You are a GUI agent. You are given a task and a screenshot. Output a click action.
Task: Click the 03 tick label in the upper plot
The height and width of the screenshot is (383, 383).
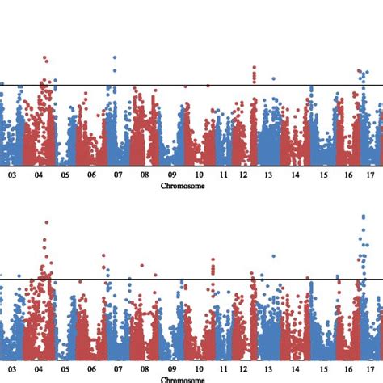[x=11, y=174]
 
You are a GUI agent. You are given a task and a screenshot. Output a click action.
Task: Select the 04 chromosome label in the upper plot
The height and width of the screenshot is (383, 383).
[x=38, y=174]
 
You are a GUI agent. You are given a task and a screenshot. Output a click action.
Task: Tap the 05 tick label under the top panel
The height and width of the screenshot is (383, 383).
[x=65, y=174]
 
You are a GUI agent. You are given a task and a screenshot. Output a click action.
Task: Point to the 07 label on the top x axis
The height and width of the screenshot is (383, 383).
[x=118, y=174]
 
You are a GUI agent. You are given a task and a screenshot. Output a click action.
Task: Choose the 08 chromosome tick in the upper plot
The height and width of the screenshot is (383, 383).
[x=145, y=174]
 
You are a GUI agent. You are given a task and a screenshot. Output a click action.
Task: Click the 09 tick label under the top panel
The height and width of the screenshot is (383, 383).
[x=172, y=174]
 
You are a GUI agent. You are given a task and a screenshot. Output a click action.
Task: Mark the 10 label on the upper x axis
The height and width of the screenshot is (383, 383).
[x=198, y=174]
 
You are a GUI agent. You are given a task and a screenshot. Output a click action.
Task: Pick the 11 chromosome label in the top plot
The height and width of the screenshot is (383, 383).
[x=223, y=174]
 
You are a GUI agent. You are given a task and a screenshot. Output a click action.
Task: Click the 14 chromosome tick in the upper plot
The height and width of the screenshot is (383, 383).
[x=296, y=174]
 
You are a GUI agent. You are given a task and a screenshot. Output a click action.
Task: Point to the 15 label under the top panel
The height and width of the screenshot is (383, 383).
[x=322, y=174]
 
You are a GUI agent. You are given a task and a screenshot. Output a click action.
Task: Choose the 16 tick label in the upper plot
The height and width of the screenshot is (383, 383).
[x=348, y=174]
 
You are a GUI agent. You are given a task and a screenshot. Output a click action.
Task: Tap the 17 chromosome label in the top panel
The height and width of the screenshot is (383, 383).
[x=371, y=174]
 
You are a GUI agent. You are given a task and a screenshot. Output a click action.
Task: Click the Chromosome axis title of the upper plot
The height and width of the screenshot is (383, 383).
[x=183, y=185]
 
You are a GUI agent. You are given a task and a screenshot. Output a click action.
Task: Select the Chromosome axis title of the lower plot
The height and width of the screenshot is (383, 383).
[x=183, y=379]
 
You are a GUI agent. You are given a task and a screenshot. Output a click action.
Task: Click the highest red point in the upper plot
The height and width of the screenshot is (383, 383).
[x=45, y=58]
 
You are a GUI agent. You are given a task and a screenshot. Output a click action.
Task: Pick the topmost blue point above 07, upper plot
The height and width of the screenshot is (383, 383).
[x=115, y=58]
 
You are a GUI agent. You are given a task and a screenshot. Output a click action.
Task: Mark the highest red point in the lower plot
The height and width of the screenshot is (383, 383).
[x=46, y=222]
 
